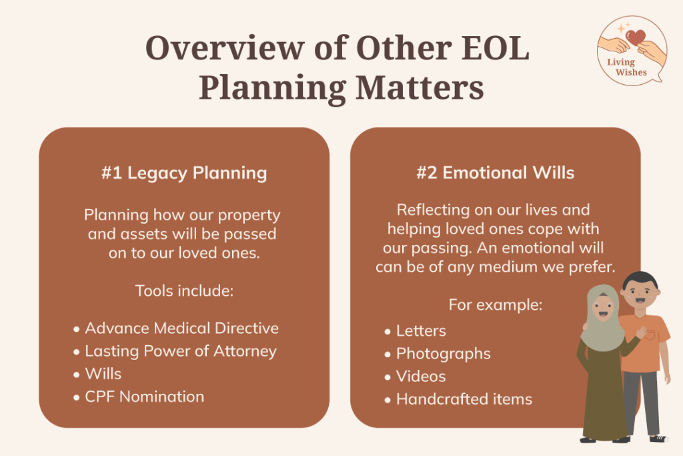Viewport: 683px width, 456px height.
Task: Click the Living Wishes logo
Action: pyautogui.click(x=632, y=50)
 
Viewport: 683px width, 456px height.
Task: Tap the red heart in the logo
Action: pyautogui.click(x=636, y=37)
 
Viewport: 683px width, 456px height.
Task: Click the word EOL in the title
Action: pyautogui.click(x=496, y=47)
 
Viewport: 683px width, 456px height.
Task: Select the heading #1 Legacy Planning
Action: pyautogui.click(x=184, y=173)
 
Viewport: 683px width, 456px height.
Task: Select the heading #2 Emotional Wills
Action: pyautogui.click(x=496, y=173)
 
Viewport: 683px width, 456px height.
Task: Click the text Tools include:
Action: pyautogui.click(x=184, y=291)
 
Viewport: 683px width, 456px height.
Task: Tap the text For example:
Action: pyautogui.click(x=496, y=304)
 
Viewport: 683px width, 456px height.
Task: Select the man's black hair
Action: pyautogui.click(x=640, y=280)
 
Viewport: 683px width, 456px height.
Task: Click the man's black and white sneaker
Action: pyautogui.click(x=658, y=438)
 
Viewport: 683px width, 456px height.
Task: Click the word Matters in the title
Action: pyautogui.click(x=420, y=87)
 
